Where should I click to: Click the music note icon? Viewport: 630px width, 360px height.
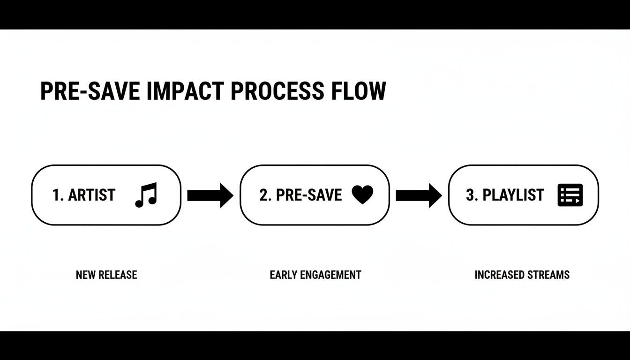[x=146, y=195]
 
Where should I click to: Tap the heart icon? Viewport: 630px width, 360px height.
[x=362, y=195]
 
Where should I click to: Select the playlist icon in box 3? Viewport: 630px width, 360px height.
[x=570, y=195]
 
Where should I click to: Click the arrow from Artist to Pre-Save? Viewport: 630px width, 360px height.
[x=210, y=195]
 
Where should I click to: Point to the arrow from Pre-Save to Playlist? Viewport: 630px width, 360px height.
[x=419, y=195]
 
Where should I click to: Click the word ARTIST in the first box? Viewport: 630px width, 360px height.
[x=91, y=195]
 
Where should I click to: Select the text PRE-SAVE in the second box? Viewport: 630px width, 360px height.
[x=309, y=195]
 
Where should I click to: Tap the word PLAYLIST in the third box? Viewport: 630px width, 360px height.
[x=513, y=195]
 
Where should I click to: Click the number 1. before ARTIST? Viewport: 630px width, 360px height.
[x=58, y=195]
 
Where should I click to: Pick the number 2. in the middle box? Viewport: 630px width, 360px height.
[x=266, y=195]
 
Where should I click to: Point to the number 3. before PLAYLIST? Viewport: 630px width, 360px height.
[x=472, y=195]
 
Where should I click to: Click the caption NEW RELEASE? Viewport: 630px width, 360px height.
[x=106, y=275]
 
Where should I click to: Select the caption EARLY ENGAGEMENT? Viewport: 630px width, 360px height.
[x=315, y=275]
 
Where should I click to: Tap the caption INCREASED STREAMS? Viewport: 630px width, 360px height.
[x=522, y=275]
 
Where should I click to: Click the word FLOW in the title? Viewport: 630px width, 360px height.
[x=359, y=91]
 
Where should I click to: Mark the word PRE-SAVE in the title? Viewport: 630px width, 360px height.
[x=90, y=91]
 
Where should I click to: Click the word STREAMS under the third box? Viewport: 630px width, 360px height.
[x=546, y=275]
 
